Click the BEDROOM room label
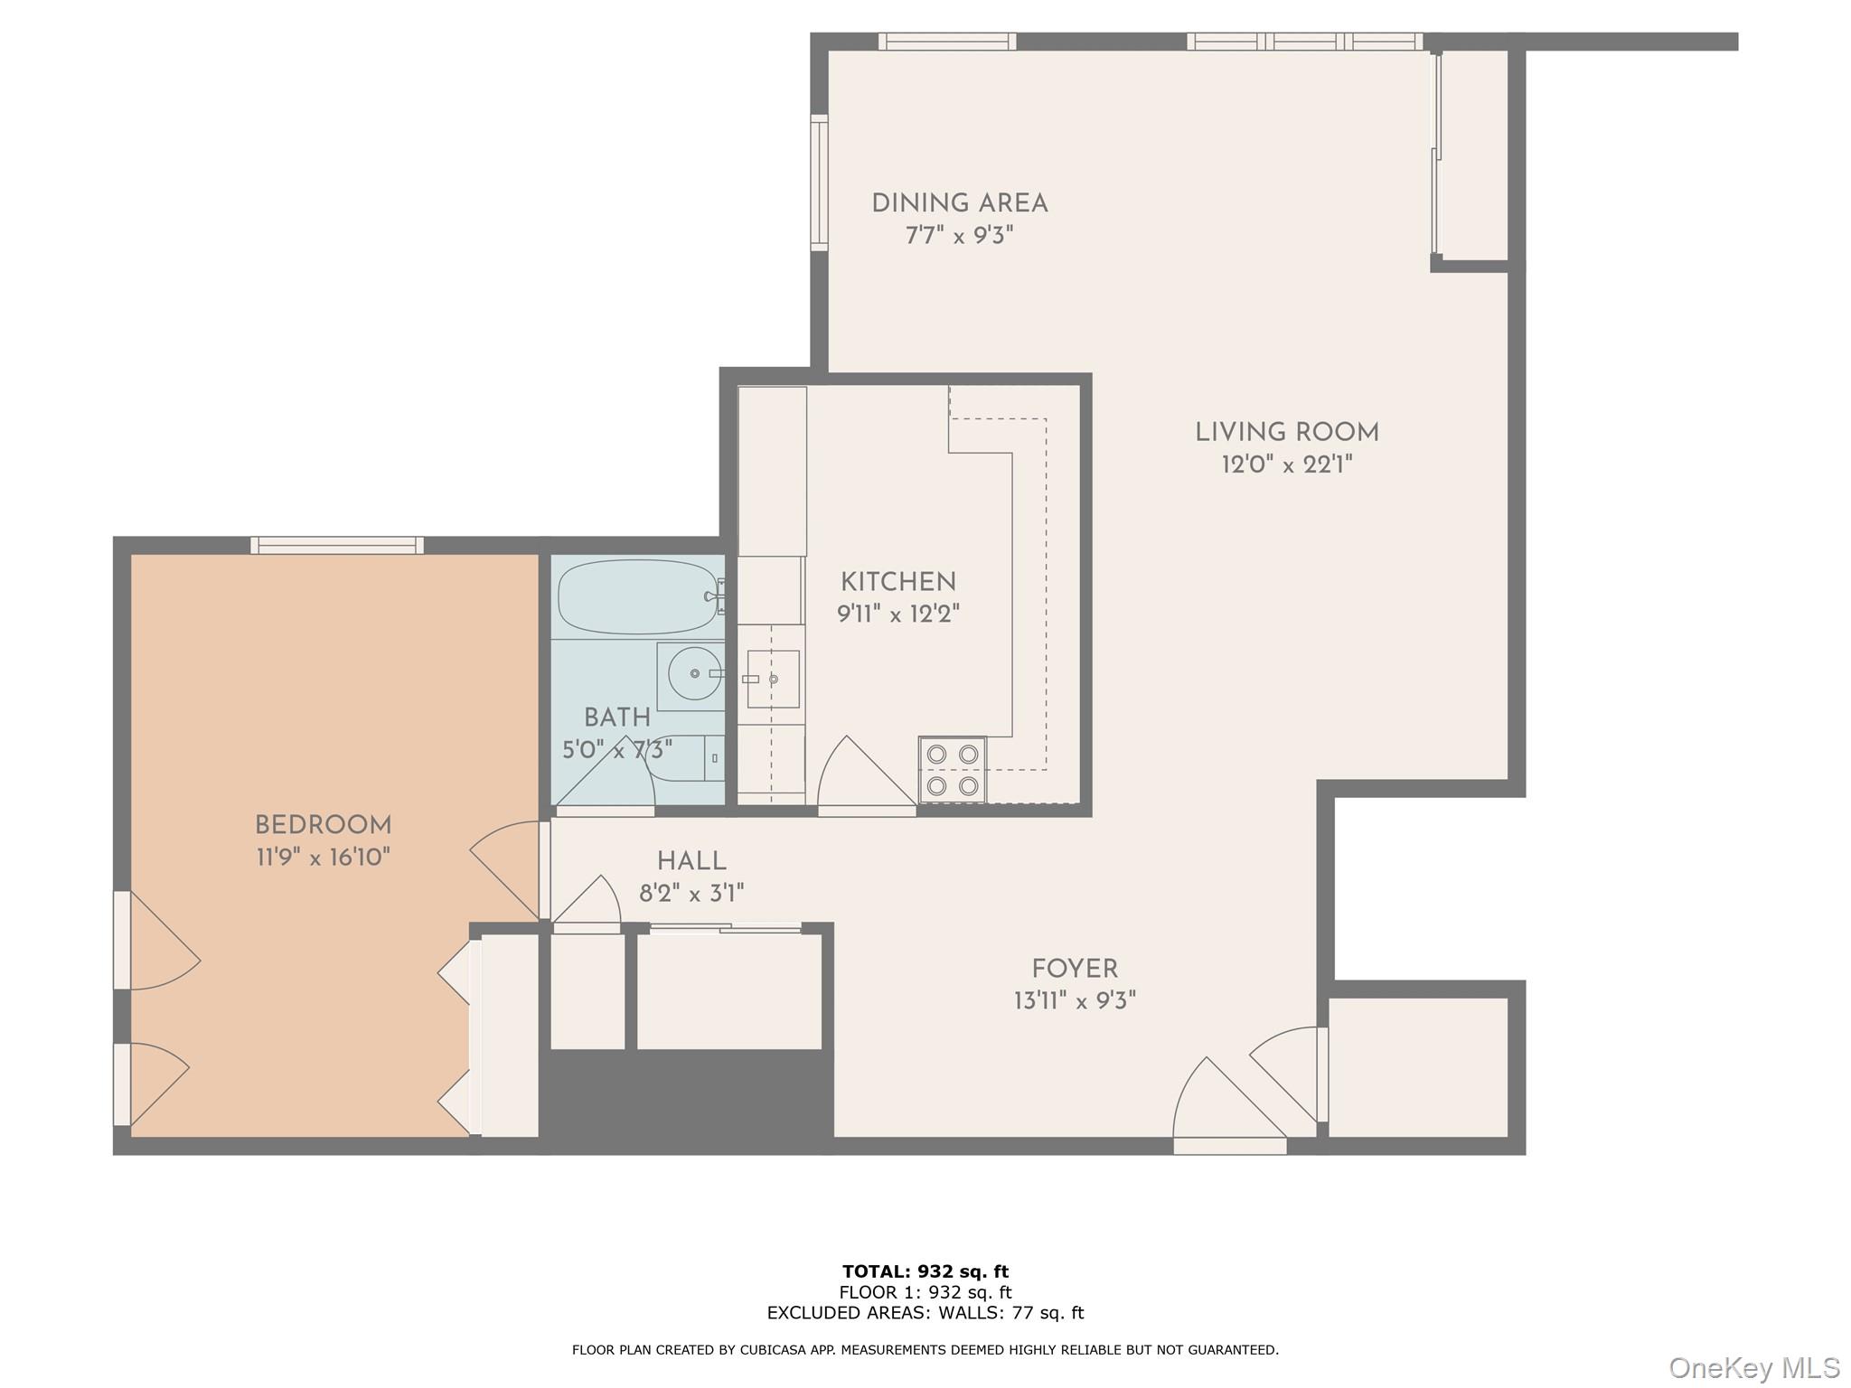(x=323, y=825)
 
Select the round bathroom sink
(x=693, y=674)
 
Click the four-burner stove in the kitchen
(x=952, y=770)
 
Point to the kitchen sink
(x=773, y=679)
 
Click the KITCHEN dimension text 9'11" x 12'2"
(x=897, y=614)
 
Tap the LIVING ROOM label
(x=1286, y=433)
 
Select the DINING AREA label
(x=959, y=203)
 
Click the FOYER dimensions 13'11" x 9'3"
(x=1074, y=1000)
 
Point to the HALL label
(x=691, y=861)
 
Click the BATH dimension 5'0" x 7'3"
(x=616, y=750)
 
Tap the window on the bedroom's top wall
(x=336, y=545)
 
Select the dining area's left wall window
(x=819, y=183)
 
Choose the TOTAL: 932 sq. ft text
(x=925, y=1271)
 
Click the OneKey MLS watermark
(x=1752, y=1368)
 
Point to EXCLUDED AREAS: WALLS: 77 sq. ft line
(x=925, y=1313)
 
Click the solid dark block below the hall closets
(x=687, y=1098)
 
